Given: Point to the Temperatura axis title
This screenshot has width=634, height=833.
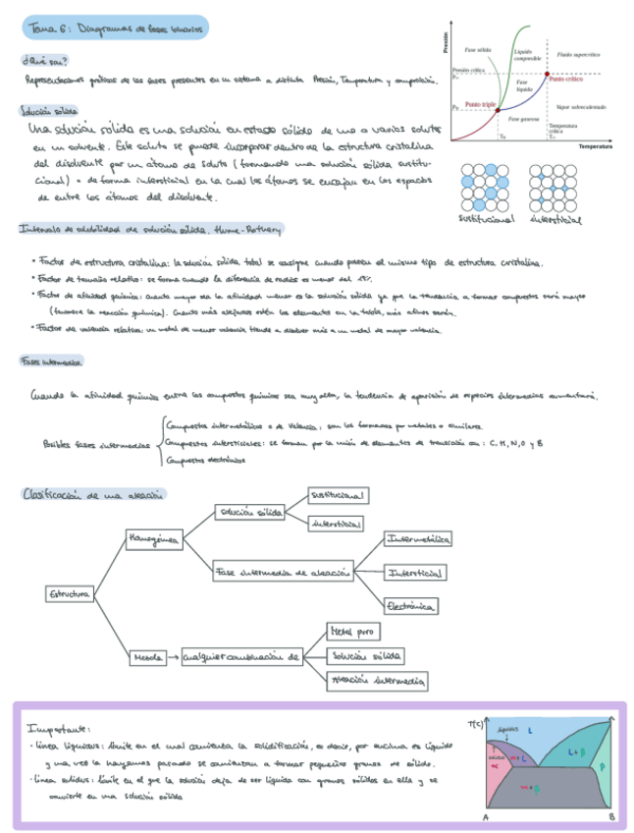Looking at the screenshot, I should [x=595, y=144].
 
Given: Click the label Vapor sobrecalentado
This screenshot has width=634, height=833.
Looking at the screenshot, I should [x=580, y=106].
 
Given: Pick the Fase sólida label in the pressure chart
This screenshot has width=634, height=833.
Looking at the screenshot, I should [x=478, y=48].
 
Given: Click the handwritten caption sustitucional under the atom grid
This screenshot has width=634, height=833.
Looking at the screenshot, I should [x=488, y=220].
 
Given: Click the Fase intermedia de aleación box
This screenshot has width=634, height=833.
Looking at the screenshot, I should [x=281, y=572].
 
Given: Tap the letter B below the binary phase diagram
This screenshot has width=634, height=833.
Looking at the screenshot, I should [x=611, y=816].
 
